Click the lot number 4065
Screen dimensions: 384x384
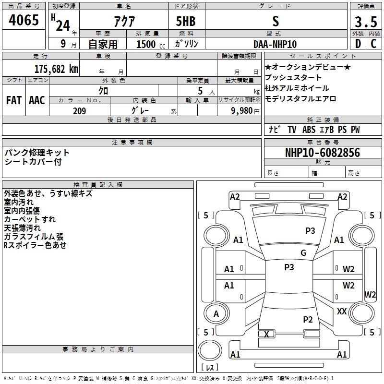point(24,20)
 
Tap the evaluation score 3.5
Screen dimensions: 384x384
point(366,22)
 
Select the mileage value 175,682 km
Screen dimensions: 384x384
point(56,69)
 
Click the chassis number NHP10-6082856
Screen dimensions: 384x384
point(323,153)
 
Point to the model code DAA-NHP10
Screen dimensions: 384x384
point(275,44)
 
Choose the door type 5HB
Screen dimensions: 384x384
point(186,21)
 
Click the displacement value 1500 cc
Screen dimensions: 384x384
point(151,44)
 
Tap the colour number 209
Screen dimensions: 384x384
point(79,111)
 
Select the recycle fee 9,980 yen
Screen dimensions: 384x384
point(245,111)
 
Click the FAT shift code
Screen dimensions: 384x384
point(14,100)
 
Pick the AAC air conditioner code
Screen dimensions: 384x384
point(37,100)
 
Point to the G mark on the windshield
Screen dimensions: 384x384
point(303,252)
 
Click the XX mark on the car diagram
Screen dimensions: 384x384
point(342,311)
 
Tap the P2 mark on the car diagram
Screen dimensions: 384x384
point(308,319)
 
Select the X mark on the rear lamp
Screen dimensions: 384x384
point(266,334)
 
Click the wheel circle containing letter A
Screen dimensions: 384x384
point(216,313)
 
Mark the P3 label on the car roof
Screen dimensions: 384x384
point(289,267)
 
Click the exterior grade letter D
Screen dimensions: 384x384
point(358,44)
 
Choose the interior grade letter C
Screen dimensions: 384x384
point(373,44)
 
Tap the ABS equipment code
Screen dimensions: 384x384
point(309,130)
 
